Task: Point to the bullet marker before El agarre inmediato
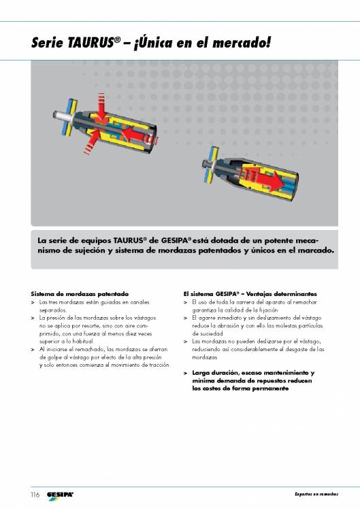(x=186, y=317)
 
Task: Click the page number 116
(x=34, y=493)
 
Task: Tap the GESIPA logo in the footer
(x=60, y=493)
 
